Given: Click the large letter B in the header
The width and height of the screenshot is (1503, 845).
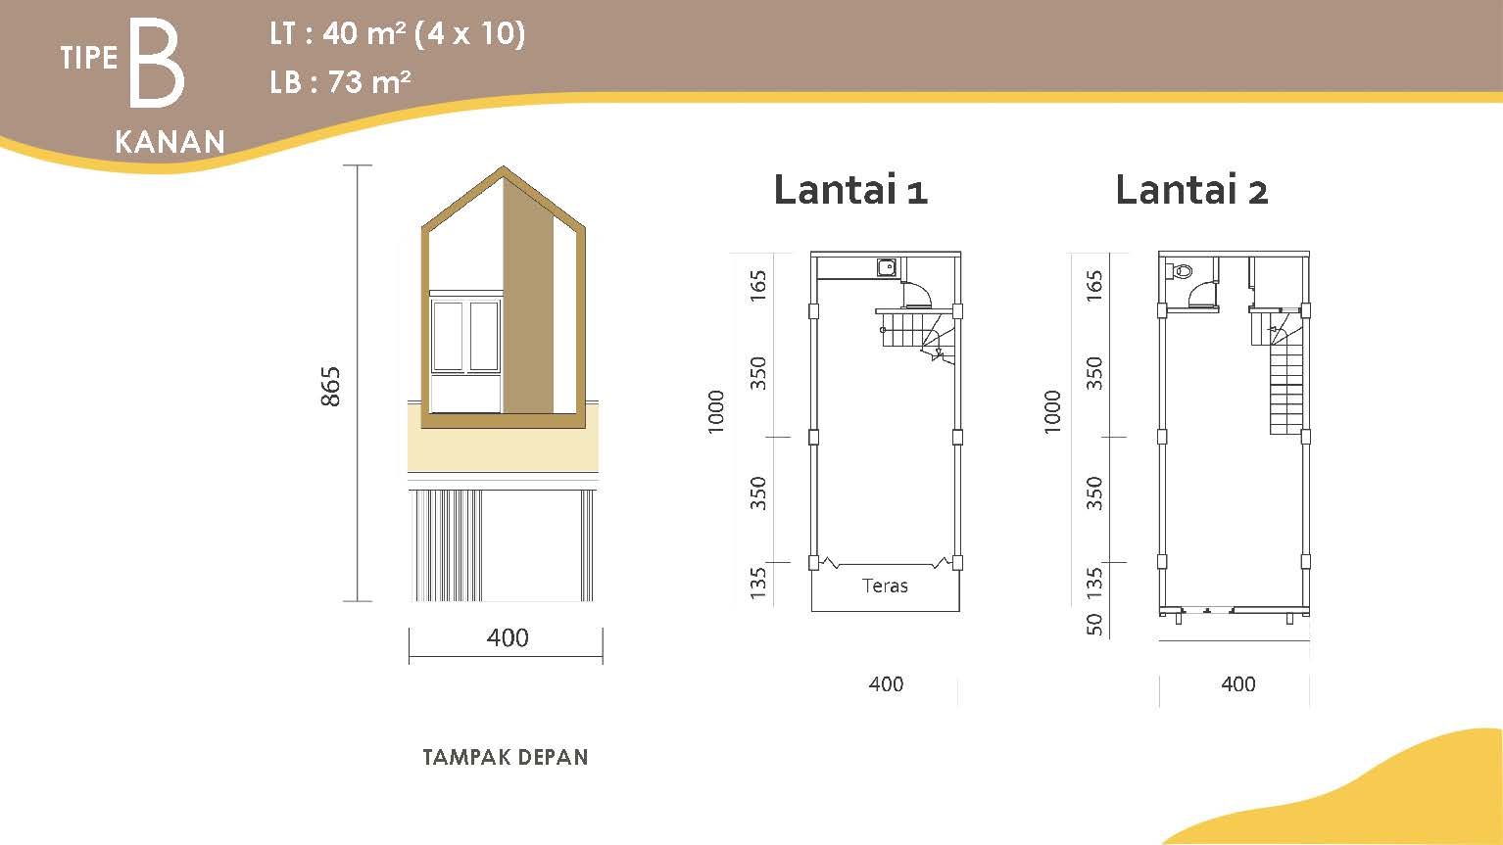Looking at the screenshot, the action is (157, 63).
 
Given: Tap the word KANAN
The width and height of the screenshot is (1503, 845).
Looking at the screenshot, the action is (170, 142).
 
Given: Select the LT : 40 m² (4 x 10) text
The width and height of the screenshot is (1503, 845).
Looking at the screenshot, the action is (397, 33).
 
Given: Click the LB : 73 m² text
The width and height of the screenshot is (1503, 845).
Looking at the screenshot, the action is (340, 82).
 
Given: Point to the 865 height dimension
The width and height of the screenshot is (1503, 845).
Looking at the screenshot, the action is (330, 387).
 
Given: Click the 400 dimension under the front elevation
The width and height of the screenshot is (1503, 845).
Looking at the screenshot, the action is (508, 637).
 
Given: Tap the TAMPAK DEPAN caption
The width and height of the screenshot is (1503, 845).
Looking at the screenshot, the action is (506, 757).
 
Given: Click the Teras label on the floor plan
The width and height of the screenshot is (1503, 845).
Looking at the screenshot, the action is (885, 586).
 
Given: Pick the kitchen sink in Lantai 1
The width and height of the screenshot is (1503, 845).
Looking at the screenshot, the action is (887, 267).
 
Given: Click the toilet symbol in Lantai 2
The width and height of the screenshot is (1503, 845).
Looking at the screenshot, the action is (1180, 271).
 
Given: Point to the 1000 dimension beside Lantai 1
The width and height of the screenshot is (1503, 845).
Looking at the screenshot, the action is (716, 412).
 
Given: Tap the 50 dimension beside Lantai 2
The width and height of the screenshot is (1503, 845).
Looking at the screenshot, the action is (1093, 625).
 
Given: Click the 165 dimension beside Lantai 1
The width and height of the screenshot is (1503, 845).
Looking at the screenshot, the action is (757, 286).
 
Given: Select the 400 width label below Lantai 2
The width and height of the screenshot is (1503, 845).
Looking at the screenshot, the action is (1237, 684).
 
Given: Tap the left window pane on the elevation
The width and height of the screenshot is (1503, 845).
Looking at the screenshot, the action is (448, 336).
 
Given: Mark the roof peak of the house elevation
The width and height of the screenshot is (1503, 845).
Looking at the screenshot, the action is (504, 166).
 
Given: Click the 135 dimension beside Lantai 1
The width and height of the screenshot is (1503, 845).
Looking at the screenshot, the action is (757, 583).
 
